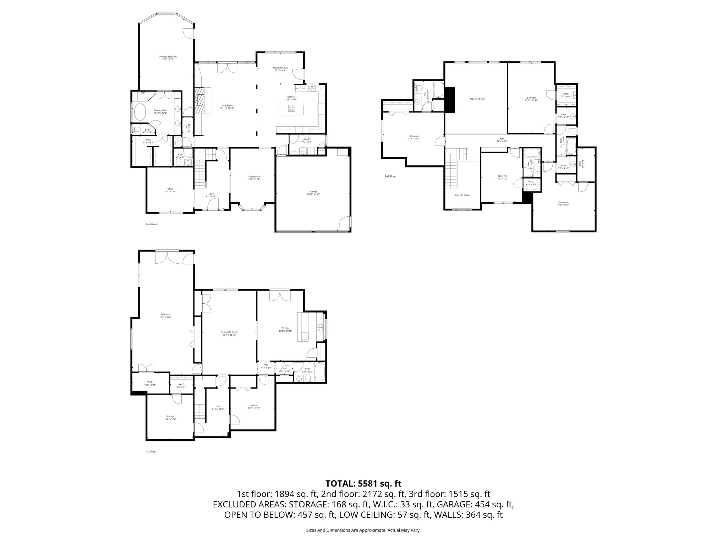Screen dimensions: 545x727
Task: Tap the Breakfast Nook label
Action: (x=280, y=69)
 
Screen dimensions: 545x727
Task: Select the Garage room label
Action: (x=312, y=193)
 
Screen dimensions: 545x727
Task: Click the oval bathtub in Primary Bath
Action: (x=141, y=112)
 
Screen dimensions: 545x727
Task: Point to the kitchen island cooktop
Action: (x=292, y=110)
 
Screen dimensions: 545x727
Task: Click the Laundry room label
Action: (x=306, y=140)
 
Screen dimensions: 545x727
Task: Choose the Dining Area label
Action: (x=254, y=177)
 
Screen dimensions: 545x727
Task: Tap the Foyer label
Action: (x=212, y=195)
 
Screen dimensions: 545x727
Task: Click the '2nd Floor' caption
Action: (x=152, y=224)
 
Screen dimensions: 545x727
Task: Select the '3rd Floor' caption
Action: (x=390, y=176)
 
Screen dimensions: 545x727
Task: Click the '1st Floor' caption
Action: (x=151, y=452)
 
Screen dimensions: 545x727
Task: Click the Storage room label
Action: (x=170, y=418)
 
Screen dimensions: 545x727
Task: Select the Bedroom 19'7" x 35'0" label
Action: (x=165, y=315)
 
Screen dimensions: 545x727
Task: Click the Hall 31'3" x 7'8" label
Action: (x=502, y=140)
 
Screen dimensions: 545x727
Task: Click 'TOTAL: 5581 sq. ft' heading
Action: (x=363, y=483)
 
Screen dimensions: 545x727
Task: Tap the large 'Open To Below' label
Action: (x=477, y=99)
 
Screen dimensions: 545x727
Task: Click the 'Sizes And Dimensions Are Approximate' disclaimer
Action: (x=363, y=530)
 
